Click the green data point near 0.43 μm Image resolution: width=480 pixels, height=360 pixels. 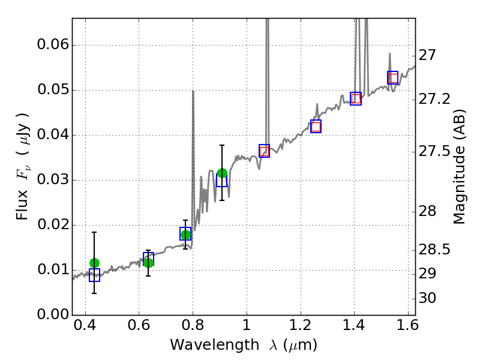pos(94,263)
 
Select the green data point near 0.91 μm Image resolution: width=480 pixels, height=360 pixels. pos(222,173)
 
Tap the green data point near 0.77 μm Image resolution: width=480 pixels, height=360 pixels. pos(185,235)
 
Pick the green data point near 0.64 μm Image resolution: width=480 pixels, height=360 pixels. pos(148,262)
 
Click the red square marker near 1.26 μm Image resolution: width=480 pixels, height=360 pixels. pos(316,127)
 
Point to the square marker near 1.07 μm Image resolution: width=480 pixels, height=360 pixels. pos(264,151)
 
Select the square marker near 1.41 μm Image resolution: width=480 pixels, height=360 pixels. pos(356,99)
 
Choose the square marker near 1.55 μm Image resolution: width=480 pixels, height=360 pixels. pos(393,78)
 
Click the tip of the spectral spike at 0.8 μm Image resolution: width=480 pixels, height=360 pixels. pos(193,91)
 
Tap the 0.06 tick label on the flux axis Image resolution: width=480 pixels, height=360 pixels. pos(52,46)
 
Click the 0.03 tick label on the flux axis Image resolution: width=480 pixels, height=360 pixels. pos(52,180)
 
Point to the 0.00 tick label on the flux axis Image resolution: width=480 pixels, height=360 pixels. pos(52,314)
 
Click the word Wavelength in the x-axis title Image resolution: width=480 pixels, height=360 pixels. pos(204,345)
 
